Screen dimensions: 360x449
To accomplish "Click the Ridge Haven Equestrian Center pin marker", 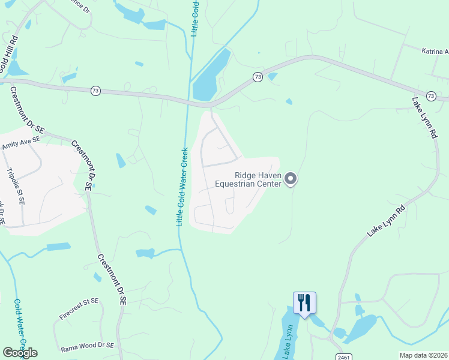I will click(x=291, y=179).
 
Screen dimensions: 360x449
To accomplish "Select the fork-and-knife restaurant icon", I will click(x=304, y=303).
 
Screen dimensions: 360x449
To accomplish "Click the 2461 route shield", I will click(x=343, y=356).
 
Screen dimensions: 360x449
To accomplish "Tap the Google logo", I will click(x=20, y=353).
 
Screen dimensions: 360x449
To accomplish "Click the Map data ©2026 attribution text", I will click(x=423, y=355).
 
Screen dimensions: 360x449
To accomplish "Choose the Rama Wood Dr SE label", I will click(x=87, y=346).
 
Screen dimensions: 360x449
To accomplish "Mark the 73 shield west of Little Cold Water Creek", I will click(x=95, y=91).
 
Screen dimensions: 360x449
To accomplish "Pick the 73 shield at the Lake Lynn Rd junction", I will click(x=430, y=95).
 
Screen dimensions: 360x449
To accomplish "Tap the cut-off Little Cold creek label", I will click(x=194, y=18).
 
